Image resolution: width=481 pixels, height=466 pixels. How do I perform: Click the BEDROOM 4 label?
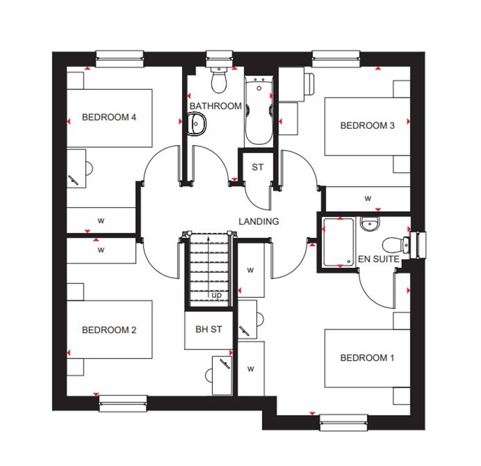(109, 117)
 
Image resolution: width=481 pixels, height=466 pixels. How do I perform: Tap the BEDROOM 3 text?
(367, 126)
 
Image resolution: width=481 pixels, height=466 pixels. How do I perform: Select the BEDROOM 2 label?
(109, 330)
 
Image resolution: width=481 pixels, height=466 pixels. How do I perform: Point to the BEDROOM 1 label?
(367, 358)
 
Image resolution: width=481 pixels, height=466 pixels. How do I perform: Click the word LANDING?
(258, 221)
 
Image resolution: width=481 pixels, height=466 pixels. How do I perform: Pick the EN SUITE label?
(379, 259)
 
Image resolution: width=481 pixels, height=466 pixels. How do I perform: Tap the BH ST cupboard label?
(209, 329)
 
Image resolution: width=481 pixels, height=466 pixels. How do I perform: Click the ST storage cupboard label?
(257, 167)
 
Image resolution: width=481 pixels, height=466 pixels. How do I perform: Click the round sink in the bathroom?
(198, 124)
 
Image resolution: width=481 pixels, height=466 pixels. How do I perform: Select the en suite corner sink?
(369, 224)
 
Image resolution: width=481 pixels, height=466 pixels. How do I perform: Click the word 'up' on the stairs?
(217, 295)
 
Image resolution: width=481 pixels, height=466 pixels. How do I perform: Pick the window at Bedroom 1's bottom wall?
(343, 422)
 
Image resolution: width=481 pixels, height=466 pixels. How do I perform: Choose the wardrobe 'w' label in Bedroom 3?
(368, 198)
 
